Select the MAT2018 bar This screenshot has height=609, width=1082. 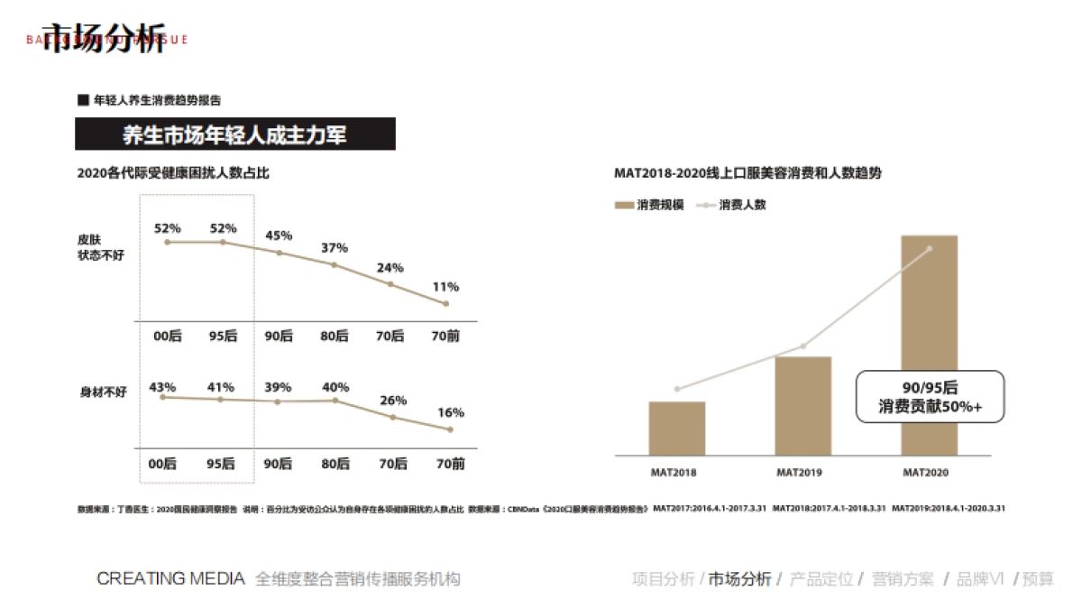pyautogui.click(x=676, y=429)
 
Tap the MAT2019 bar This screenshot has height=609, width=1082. pyautogui.click(x=802, y=406)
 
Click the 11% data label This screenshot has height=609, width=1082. pyautogui.click(x=445, y=287)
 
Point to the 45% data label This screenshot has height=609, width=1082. pyautogui.click(x=279, y=235)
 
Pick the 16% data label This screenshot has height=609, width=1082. pyautogui.click(x=451, y=412)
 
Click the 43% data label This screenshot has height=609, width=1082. pyautogui.click(x=162, y=387)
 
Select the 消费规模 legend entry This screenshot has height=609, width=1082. pyautogui.click(x=648, y=205)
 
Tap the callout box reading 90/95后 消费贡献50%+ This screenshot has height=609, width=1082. pyautogui.click(x=930, y=397)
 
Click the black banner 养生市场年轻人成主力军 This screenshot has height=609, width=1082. pyautogui.click(x=234, y=135)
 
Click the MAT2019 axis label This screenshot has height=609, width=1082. pyautogui.click(x=802, y=472)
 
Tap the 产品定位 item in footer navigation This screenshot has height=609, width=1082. pyautogui.click(x=821, y=579)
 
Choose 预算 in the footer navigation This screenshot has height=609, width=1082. pyautogui.click(x=1038, y=579)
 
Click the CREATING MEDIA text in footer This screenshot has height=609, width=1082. pyautogui.click(x=170, y=578)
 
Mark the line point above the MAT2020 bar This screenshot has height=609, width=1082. pyautogui.click(x=930, y=249)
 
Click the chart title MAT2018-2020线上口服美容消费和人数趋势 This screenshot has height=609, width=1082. pyautogui.click(x=747, y=173)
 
